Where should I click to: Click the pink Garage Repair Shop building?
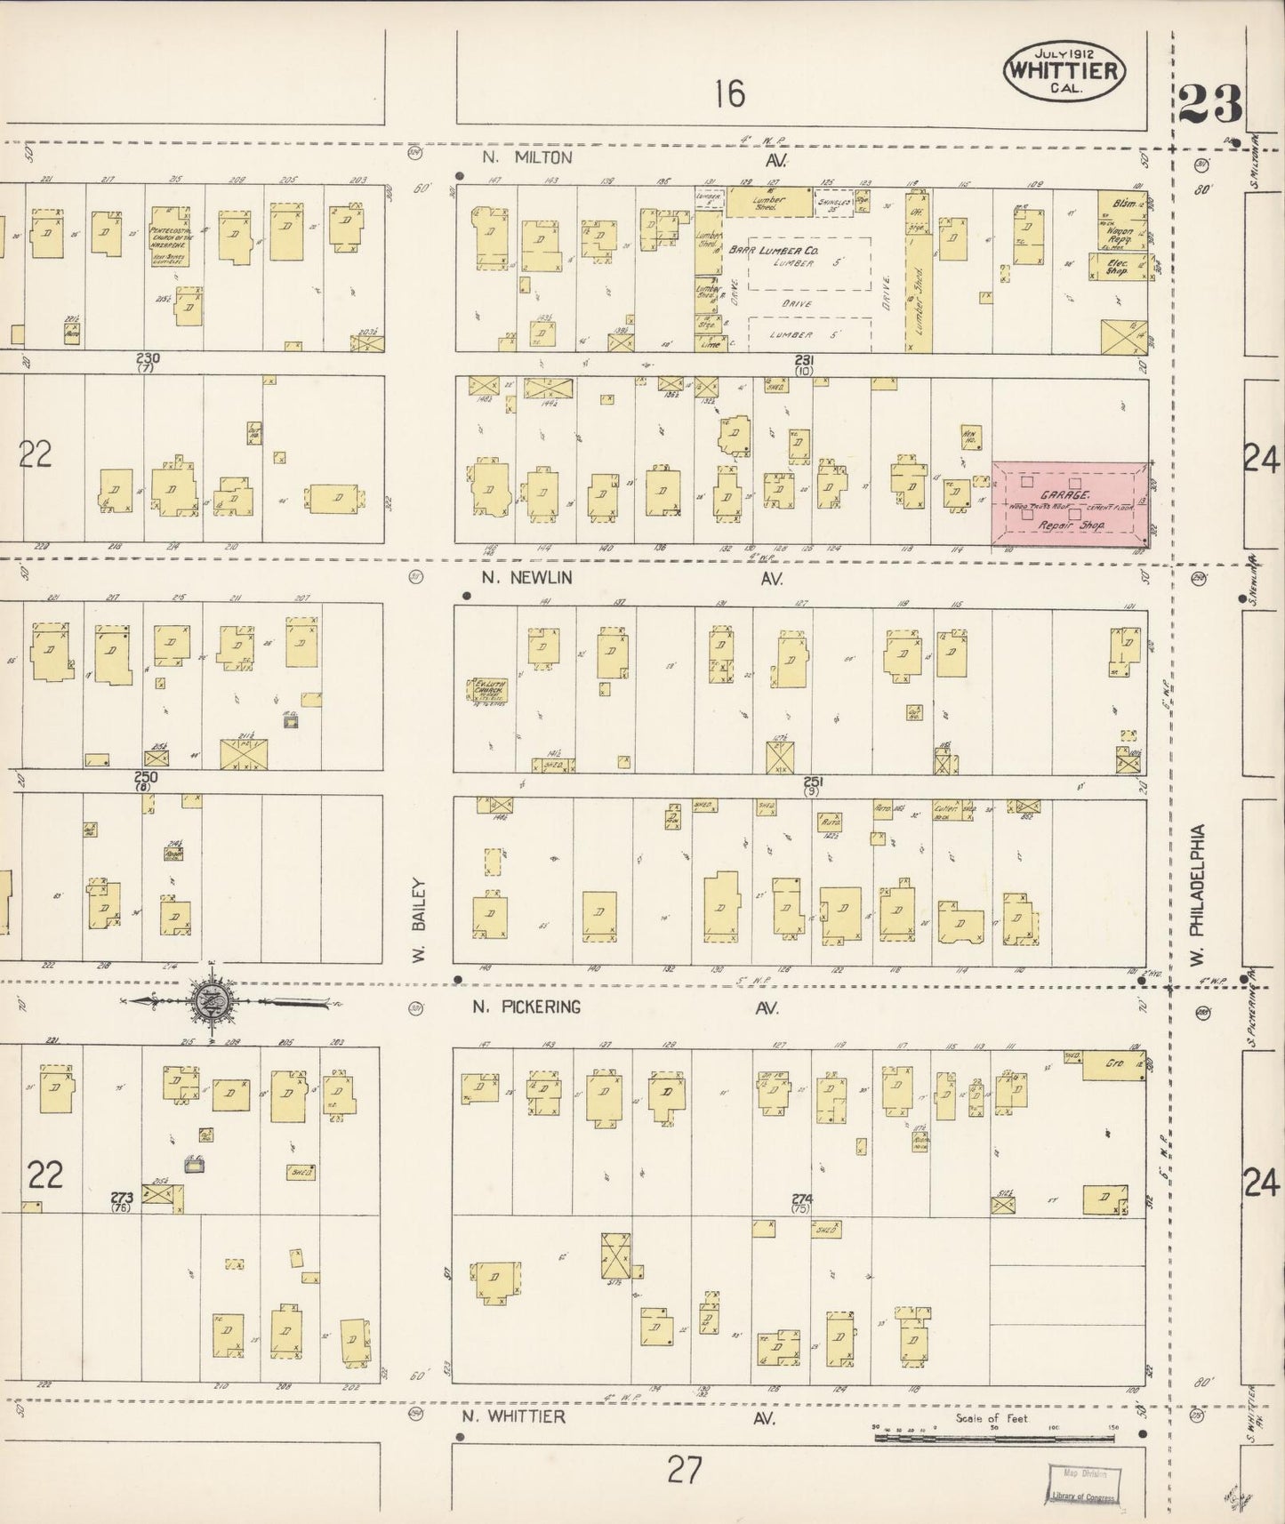(1069, 503)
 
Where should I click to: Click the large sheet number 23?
(1210, 106)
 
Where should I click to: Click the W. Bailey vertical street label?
(420, 920)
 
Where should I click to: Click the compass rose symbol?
(212, 1002)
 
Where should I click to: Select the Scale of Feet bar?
(996, 1435)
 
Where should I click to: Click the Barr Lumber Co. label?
(767, 252)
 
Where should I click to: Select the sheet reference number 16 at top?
(729, 92)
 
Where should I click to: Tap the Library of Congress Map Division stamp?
(1083, 1485)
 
